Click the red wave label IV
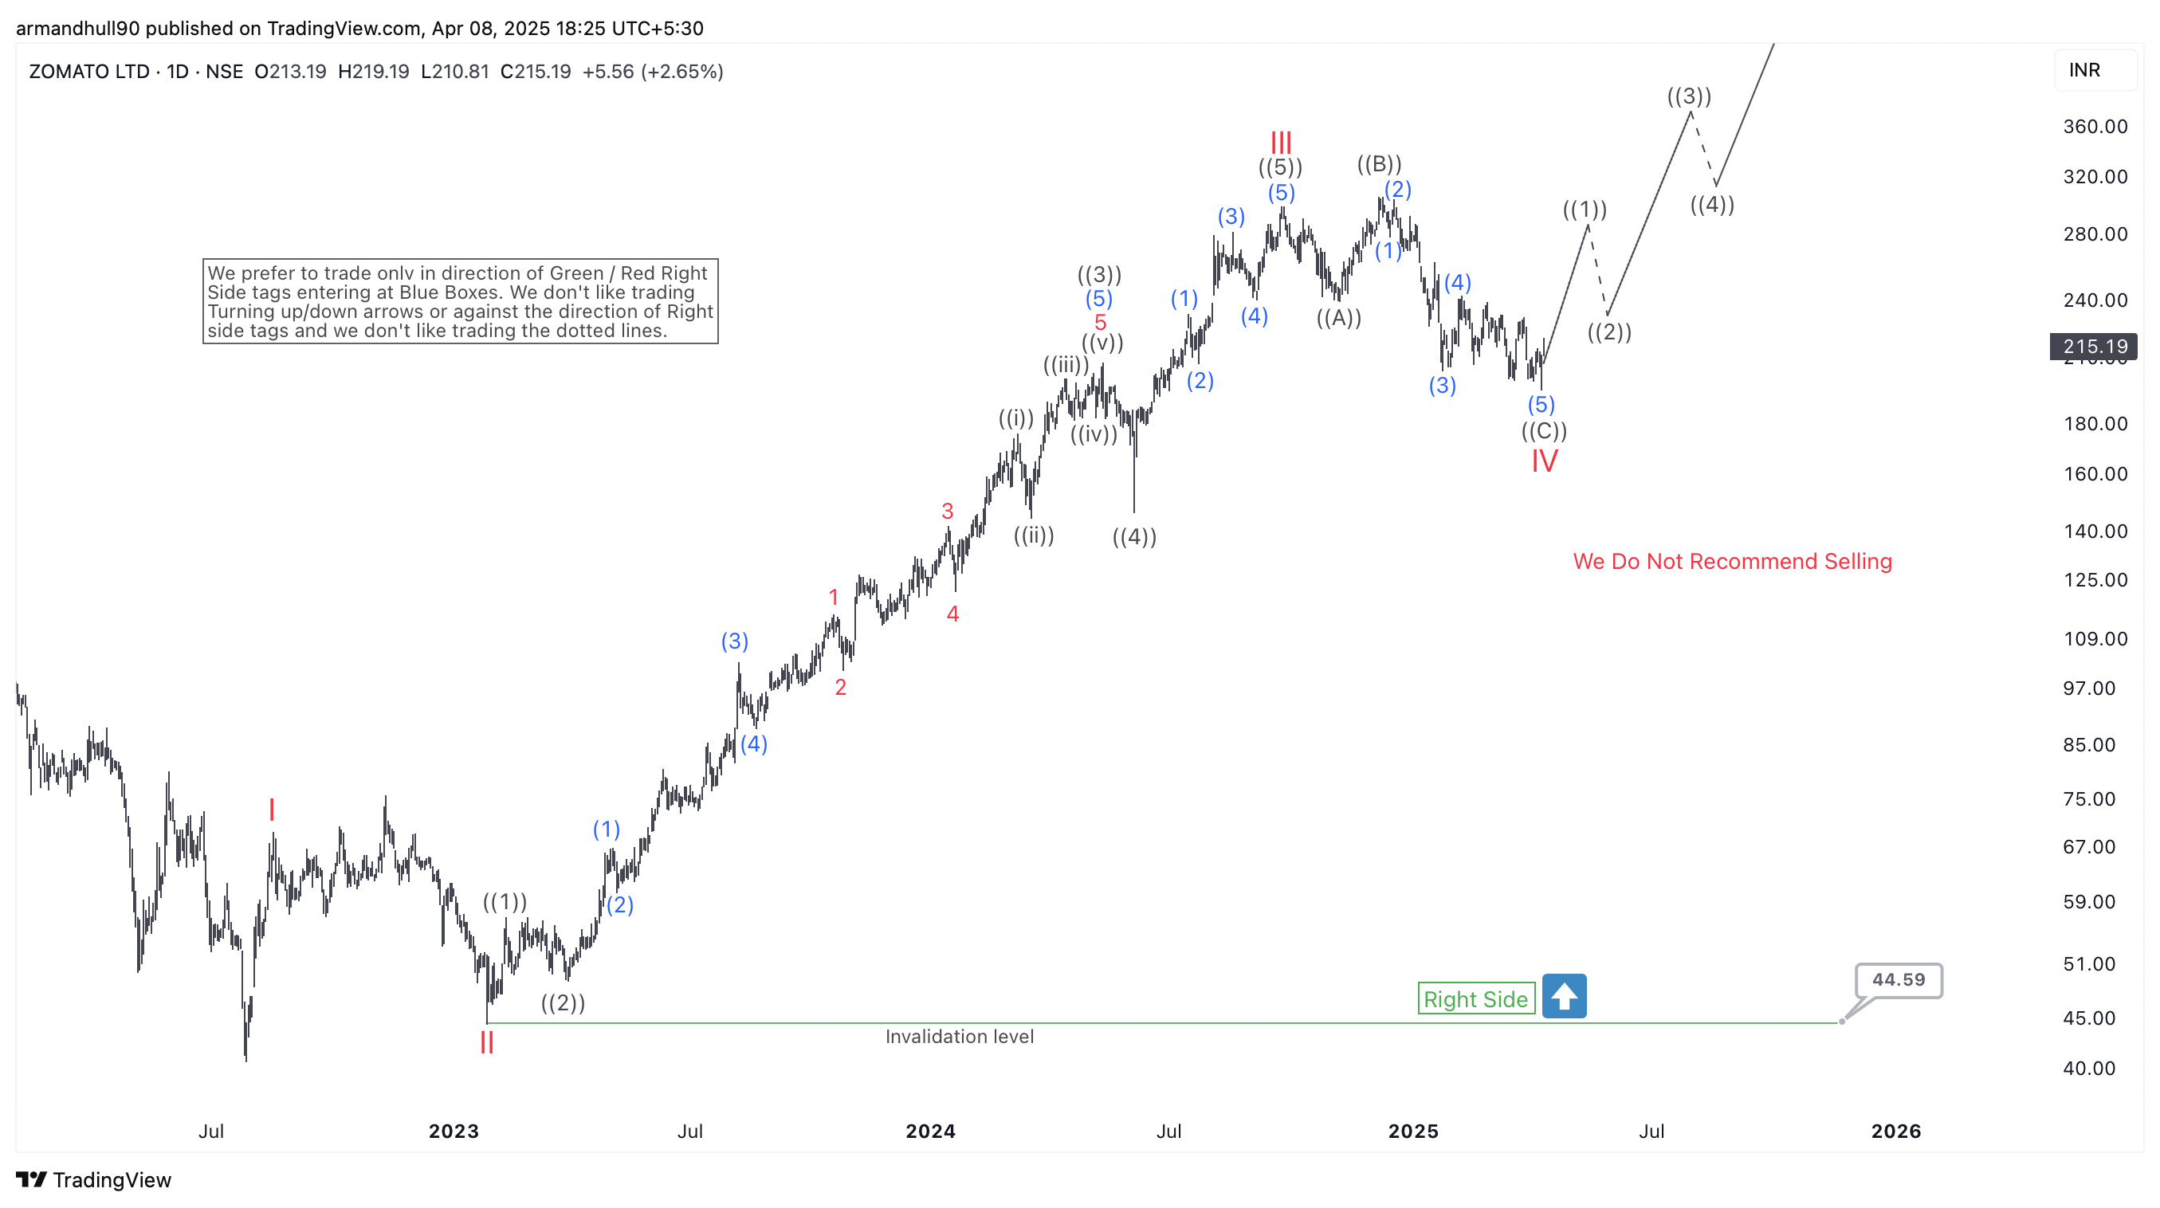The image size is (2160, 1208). pyautogui.click(x=1545, y=461)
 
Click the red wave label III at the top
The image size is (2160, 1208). pyautogui.click(x=1280, y=142)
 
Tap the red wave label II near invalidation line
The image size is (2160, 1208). pyautogui.click(x=486, y=1043)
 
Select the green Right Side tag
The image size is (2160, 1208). pyautogui.click(x=1476, y=998)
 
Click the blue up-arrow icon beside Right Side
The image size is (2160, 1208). pyautogui.click(x=1564, y=996)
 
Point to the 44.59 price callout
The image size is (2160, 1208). pyautogui.click(x=1899, y=979)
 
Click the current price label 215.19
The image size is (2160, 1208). pyautogui.click(x=2094, y=346)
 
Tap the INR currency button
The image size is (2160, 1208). pyautogui.click(x=2084, y=69)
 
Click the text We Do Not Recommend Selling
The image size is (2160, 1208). pyautogui.click(x=1732, y=561)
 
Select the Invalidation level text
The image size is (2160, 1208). pyautogui.click(x=960, y=1036)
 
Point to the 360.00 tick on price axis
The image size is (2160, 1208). pyautogui.click(x=2095, y=127)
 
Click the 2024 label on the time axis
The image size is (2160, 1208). pyautogui.click(x=930, y=1131)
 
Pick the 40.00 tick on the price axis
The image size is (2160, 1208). pyautogui.click(x=2089, y=1068)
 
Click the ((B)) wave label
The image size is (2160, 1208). pyautogui.click(x=1380, y=163)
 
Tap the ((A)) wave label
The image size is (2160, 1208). pyautogui.click(x=1338, y=318)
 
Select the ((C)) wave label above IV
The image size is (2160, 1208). pyautogui.click(x=1544, y=431)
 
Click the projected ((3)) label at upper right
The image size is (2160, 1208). pyautogui.click(x=1689, y=96)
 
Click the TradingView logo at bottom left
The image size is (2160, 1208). pyautogui.click(x=93, y=1179)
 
